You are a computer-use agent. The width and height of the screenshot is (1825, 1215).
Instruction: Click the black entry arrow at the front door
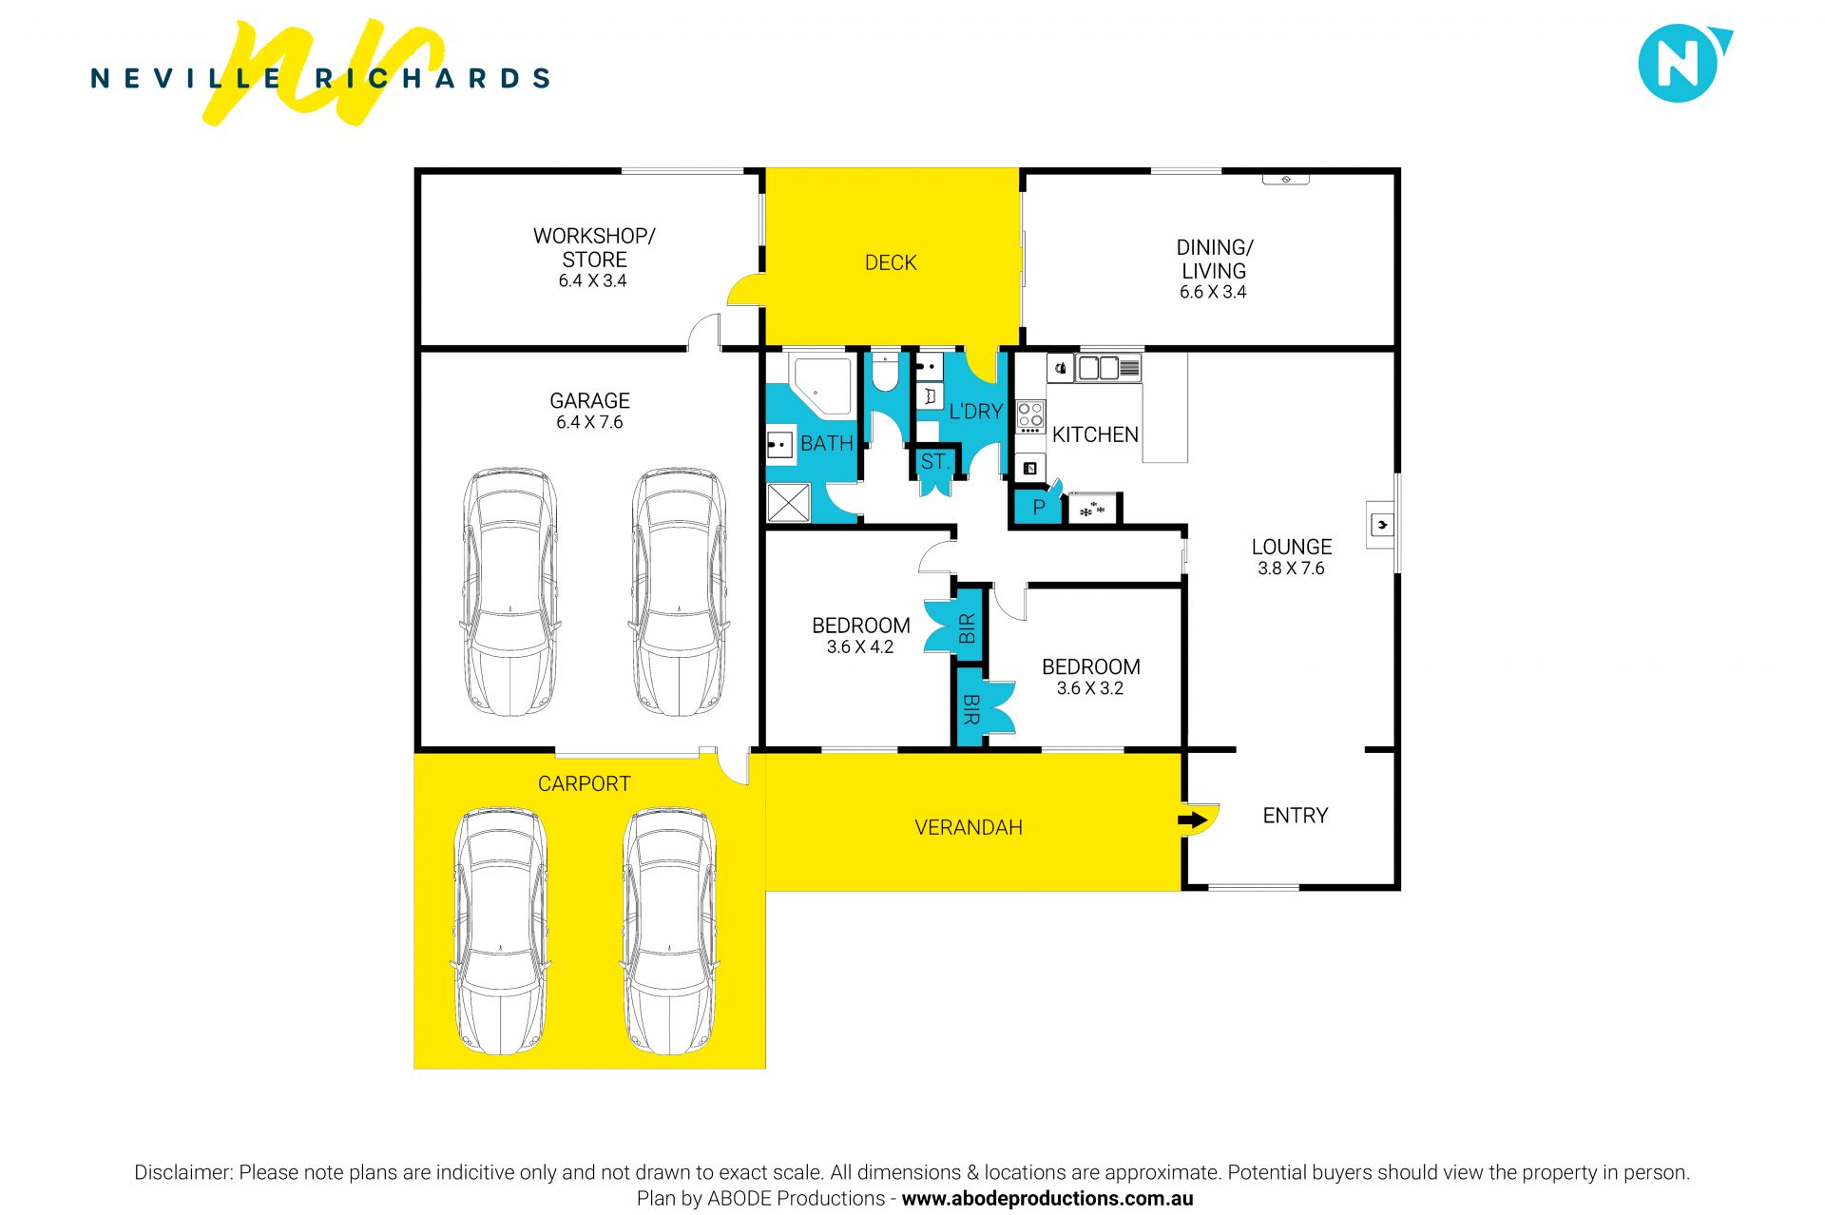coord(1192,820)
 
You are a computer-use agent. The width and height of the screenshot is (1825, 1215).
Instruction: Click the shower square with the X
coord(788,502)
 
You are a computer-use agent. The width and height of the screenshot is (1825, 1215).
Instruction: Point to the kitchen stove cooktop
coord(1030,416)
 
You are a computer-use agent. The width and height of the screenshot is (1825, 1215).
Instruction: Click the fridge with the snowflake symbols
coord(1092,509)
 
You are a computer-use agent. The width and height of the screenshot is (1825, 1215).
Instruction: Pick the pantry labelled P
coord(1038,508)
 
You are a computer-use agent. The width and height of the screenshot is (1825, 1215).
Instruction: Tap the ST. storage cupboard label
coord(934,462)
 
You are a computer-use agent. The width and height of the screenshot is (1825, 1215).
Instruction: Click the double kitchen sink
coord(1100,367)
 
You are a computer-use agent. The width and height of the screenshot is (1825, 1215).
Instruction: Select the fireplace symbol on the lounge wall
coord(1381,524)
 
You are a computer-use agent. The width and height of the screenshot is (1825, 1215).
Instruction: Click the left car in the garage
coord(509,591)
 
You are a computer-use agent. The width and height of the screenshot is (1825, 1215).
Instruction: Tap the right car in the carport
coord(670,932)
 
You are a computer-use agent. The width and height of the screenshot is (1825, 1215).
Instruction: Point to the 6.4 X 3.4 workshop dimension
coord(592,280)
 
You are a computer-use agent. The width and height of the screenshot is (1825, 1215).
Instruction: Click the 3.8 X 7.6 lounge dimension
coord(1291,569)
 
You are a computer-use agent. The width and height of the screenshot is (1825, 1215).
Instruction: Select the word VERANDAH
coord(969,827)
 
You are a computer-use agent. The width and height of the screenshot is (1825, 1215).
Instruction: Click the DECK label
coord(891,262)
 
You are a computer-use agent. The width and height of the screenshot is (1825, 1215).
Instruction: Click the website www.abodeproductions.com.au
coord(1047,1199)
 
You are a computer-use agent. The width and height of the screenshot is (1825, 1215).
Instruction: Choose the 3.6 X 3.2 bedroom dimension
coord(1090,688)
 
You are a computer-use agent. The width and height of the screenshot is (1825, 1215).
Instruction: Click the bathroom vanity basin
coord(780,444)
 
